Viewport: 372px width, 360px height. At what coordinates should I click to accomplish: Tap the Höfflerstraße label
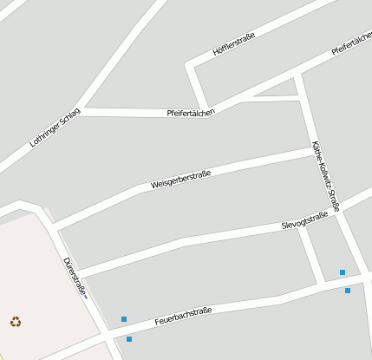pyautogui.click(x=233, y=43)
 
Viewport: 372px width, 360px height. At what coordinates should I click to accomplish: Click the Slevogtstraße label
pyautogui.click(x=304, y=221)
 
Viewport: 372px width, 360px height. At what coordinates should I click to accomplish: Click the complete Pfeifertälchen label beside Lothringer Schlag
pyautogui.click(x=191, y=113)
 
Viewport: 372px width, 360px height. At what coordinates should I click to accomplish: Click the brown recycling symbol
pyautogui.click(x=16, y=322)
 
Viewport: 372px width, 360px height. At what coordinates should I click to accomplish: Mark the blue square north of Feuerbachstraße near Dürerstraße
pyautogui.click(x=124, y=319)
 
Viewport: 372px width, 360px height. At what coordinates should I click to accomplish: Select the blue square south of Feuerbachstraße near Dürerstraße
pyautogui.click(x=129, y=339)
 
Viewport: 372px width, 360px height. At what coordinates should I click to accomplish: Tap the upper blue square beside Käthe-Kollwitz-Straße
pyautogui.click(x=343, y=272)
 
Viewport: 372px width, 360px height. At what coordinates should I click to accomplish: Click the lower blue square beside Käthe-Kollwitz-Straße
pyautogui.click(x=348, y=290)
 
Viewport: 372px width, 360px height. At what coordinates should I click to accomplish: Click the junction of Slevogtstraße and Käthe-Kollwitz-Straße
pyautogui.click(x=333, y=213)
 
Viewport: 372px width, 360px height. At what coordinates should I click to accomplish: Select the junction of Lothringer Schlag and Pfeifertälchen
pyautogui.click(x=80, y=111)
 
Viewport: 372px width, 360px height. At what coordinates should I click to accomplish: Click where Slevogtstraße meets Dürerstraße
pyautogui.click(x=78, y=271)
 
